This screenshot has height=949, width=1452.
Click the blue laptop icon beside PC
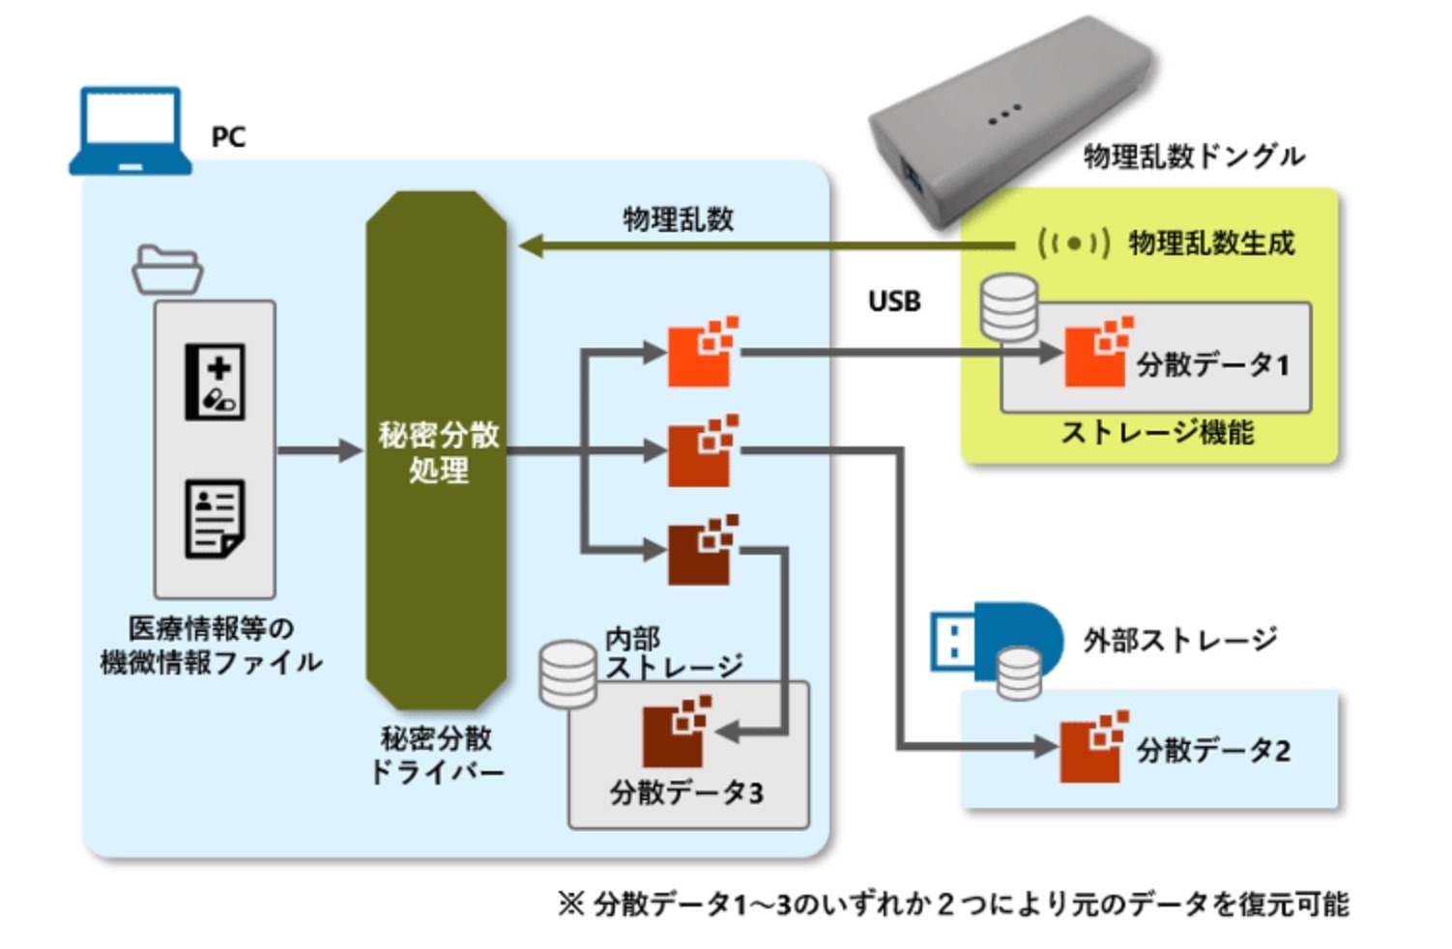coord(130,131)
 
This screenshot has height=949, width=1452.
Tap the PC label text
coord(228,137)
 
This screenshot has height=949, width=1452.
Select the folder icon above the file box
coord(167,270)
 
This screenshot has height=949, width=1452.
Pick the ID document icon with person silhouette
coord(215,518)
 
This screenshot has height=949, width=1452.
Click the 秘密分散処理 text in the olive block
coord(438,452)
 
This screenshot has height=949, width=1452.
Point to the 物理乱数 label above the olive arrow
coord(678,218)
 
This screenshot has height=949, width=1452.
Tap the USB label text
coord(893,302)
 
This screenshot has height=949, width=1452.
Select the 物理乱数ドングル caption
coord(1193,157)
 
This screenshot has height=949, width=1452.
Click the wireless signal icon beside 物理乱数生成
coord(1073,244)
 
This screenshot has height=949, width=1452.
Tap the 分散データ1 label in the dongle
coord(1212,364)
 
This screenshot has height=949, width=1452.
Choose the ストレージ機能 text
coord(1156,432)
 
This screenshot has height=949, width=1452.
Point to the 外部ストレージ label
coord(1179,640)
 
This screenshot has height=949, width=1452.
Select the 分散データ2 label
coord(1212,750)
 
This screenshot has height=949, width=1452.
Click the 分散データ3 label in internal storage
coord(685,792)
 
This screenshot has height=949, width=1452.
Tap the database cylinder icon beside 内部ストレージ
coord(567,674)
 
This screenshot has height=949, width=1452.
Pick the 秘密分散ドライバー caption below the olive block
coord(437,755)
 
